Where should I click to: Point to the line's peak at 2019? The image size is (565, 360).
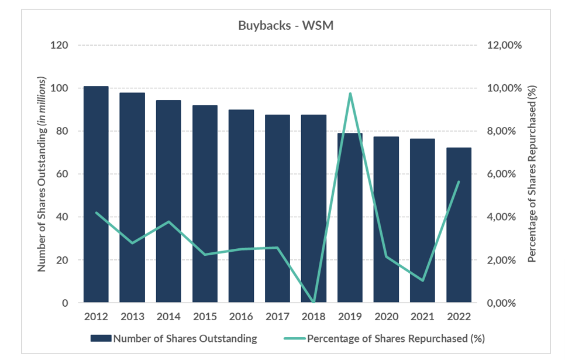(350, 93)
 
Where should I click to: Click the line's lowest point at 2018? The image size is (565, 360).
(313, 302)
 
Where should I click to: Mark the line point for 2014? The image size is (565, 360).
(168, 222)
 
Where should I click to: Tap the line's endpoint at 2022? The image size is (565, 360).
(459, 181)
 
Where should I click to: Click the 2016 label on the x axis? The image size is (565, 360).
(241, 317)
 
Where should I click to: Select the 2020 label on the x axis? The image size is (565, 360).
(386, 317)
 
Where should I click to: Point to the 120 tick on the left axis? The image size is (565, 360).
(60, 46)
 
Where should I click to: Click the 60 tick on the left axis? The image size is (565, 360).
(63, 174)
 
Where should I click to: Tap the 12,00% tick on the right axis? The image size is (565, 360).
(504, 46)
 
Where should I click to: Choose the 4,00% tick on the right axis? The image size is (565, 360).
(502, 217)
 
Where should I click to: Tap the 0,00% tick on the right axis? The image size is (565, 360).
(502, 303)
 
